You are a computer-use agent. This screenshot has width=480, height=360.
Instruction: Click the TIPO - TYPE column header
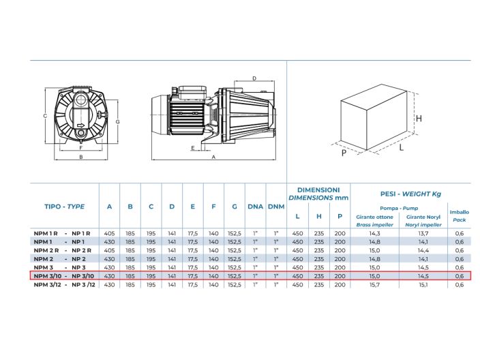pyautogui.click(x=64, y=207)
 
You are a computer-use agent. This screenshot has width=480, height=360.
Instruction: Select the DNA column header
pyautogui.click(x=255, y=207)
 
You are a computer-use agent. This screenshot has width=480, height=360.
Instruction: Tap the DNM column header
pyautogui.click(x=276, y=207)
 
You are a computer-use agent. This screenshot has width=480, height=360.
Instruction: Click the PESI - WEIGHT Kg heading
pyautogui.click(x=410, y=194)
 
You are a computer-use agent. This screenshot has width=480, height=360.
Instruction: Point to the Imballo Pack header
pyautogui.click(x=459, y=216)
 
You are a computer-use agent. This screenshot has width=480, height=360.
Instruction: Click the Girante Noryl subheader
pyautogui.click(x=423, y=217)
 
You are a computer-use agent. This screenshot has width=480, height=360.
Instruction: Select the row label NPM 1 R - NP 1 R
pyautogui.click(x=62, y=233)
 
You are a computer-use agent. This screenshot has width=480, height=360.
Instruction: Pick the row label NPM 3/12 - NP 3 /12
pyautogui.click(x=64, y=285)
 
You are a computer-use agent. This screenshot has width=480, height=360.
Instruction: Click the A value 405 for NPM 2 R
pyautogui.click(x=109, y=250)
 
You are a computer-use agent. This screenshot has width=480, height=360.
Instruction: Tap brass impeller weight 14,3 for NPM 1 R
pyautogui.click(x=374, y=233)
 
